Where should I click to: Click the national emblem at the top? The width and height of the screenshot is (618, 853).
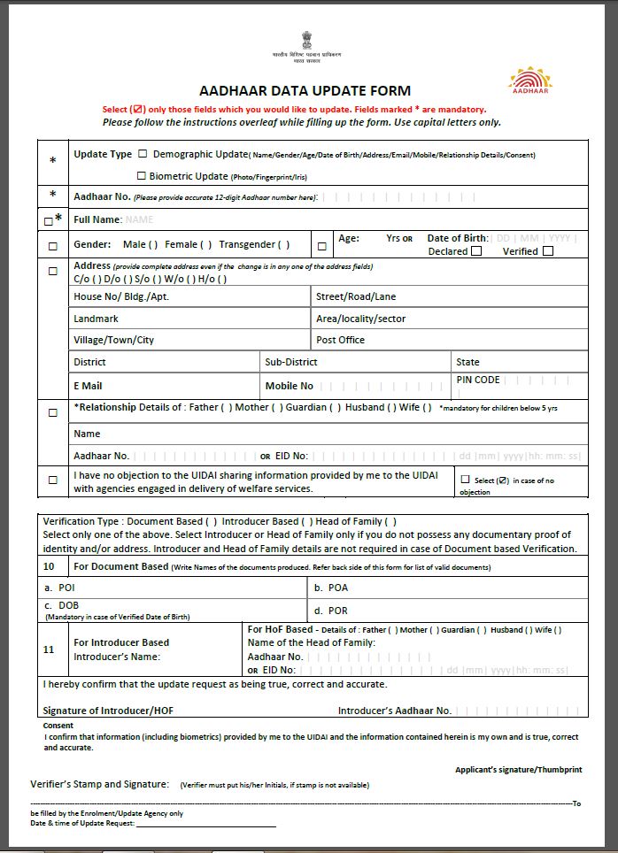coord(306,39)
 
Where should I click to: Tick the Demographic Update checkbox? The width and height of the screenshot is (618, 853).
coord(143,154)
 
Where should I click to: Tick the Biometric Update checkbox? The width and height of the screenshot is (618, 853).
coord(142,176)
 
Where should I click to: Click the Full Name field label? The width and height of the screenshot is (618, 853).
coord(97,219)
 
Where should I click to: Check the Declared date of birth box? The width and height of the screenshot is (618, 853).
coord(476,251)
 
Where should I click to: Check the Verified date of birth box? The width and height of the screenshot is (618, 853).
coord(548,251)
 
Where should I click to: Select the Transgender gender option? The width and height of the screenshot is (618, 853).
coord(254,244)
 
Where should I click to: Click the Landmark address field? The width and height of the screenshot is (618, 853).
coord(96,319)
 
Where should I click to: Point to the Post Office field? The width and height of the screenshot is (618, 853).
coord(340,340)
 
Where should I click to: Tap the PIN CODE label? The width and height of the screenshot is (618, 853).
coord(478,380)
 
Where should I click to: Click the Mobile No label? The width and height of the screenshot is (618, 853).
coord(289,386)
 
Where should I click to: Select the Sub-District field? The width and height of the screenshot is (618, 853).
coord(290,362)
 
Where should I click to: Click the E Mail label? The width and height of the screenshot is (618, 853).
coord(88,386)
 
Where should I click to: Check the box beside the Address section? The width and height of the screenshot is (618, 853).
coord(52,271)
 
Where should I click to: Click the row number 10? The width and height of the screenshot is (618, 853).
coord(50,566)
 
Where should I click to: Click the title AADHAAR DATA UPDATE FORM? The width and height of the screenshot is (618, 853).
coord(305,91)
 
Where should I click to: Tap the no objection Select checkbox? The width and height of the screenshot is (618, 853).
coord(466,480)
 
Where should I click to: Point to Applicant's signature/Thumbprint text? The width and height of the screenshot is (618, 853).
coord(518,770)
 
